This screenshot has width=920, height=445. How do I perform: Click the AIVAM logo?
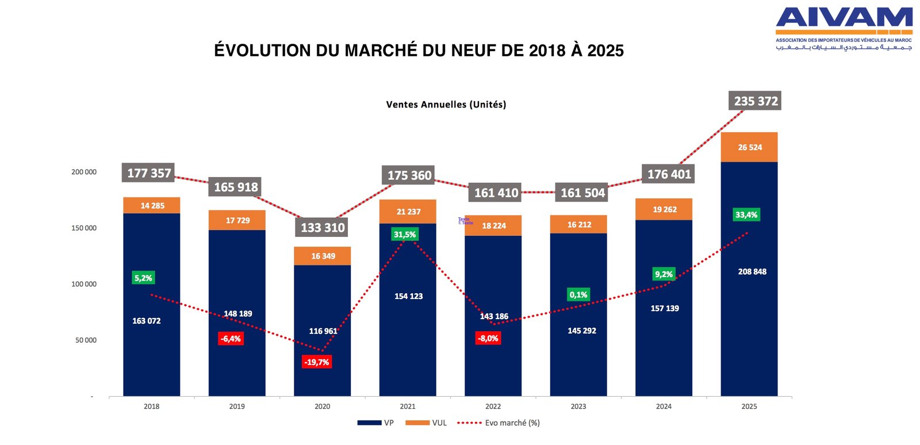click(844, 28)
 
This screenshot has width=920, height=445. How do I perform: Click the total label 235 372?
click(756, 101)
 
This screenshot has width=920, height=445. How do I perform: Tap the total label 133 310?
click(323, 228)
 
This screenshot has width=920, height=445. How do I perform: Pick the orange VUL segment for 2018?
click(151, 205)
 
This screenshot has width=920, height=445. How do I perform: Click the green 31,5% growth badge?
click(405, 235)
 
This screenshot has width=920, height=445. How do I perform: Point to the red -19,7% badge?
click(317, 362)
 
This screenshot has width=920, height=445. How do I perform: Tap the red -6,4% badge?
click(231, 339)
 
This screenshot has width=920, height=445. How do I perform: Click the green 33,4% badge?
click(746, 215)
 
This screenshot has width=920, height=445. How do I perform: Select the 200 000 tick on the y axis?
click(84, 172)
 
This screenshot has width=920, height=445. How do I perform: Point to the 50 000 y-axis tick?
click(86, 340)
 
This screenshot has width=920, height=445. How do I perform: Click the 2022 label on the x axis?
click(493, 406)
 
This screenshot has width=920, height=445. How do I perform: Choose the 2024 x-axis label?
click(664, 406)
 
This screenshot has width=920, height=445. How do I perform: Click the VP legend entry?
click(375, 423)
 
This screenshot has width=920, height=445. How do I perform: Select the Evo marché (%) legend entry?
click(499, 423)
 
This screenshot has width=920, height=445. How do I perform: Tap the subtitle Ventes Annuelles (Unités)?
click(446, 105)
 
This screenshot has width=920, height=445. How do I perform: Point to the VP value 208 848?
click(752, 271)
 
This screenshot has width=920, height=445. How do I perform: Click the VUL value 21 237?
click(408, 212)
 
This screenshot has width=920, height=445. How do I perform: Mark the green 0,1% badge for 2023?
click(578, 295)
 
